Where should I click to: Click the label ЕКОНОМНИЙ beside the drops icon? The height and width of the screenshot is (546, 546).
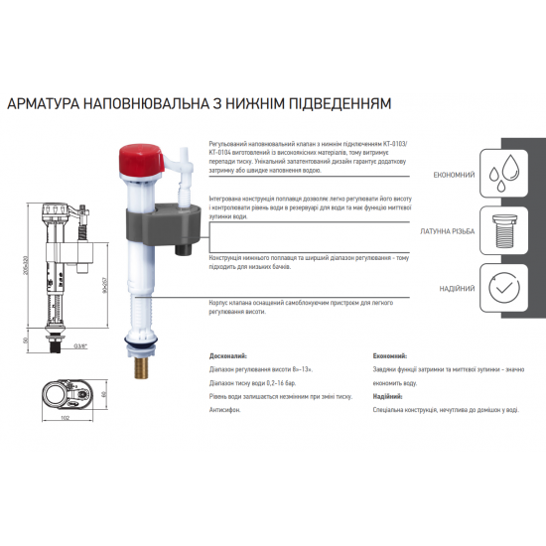pos(452,175)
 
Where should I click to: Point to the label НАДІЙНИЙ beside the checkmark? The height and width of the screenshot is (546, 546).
pos(455,289)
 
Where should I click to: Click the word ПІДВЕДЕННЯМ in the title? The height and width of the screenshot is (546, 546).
pos(338,103)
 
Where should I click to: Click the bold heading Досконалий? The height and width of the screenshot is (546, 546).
pos(229,354)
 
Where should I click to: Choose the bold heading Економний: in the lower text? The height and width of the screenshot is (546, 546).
pos(388,354)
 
